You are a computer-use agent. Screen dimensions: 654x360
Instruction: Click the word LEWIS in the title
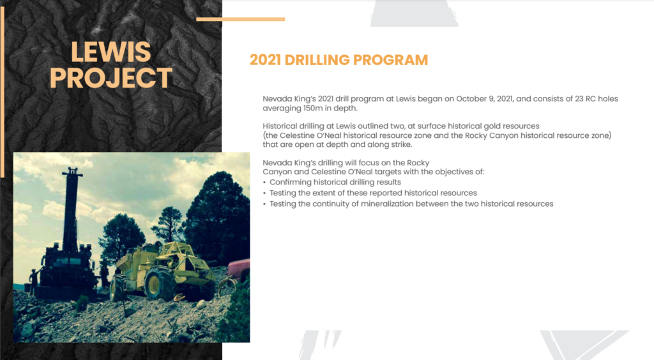coord(110,52)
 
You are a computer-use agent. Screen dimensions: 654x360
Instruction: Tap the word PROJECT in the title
coord(110,78)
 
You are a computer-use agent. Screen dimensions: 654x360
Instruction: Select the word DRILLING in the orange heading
coord(317,60)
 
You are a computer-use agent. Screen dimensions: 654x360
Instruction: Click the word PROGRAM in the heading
coord(390,60)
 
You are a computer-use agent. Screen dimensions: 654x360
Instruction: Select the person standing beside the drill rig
coord(33,280)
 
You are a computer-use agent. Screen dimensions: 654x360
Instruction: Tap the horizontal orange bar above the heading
coord(241,19)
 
